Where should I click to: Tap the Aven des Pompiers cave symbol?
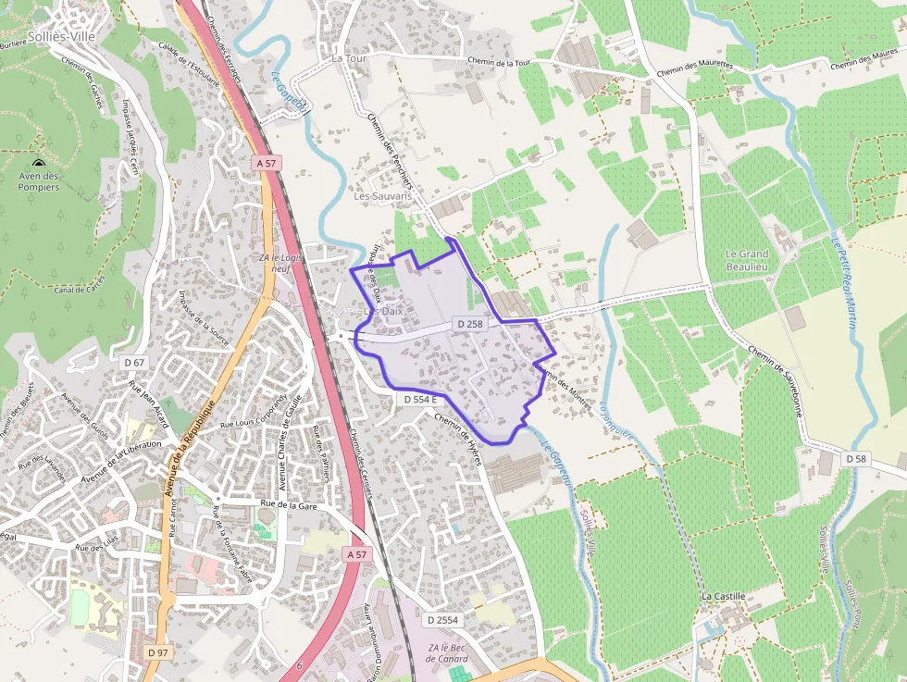coord(38,163)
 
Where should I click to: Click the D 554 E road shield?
coord(420,399)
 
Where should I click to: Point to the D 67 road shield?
coord(133,363)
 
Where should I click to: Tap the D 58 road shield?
coord(856,459)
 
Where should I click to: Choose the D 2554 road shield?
coord(442,620)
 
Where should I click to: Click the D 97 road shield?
coord(157,652)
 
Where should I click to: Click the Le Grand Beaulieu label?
coord(747,260)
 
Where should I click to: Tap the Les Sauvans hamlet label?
coord(382,196)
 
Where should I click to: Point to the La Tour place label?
coord(350,58)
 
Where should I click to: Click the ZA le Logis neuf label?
coord(281,264)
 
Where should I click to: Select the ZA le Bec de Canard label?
coord(447,652)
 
